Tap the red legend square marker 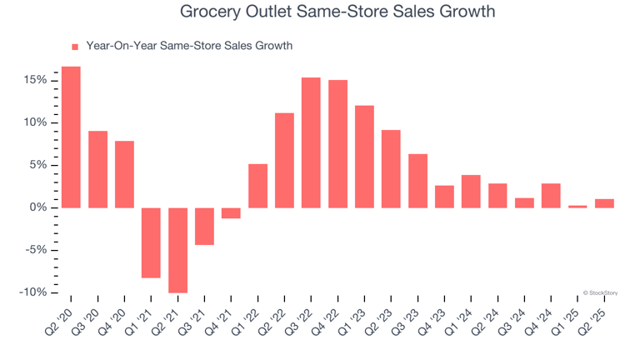74,47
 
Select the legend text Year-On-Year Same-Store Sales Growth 189,46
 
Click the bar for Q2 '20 71,137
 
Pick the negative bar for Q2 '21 177,250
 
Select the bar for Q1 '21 151,242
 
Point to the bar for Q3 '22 311,142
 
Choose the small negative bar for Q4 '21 231,213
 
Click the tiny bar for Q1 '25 577,206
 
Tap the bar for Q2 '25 604,203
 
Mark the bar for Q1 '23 364,157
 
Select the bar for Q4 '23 444,197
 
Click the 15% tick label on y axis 36,80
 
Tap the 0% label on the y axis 38,207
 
